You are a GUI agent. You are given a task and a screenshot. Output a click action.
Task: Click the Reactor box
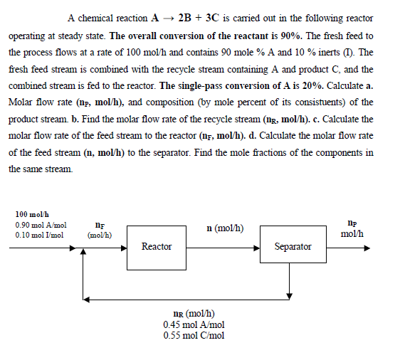156,247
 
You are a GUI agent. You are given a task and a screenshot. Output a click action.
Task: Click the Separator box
293,247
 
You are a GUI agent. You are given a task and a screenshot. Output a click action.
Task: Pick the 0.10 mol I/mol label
39,234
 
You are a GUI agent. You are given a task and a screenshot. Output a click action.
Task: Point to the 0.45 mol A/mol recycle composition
194,324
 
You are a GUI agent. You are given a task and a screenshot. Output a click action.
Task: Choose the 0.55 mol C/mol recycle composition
194,335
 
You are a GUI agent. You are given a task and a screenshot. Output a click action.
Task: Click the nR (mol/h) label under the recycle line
194,314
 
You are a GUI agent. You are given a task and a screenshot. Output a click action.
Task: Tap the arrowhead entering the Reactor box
123,249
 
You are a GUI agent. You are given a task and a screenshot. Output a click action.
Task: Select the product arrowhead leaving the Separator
367,249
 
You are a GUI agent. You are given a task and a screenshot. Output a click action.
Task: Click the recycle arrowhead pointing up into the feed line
85,255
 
